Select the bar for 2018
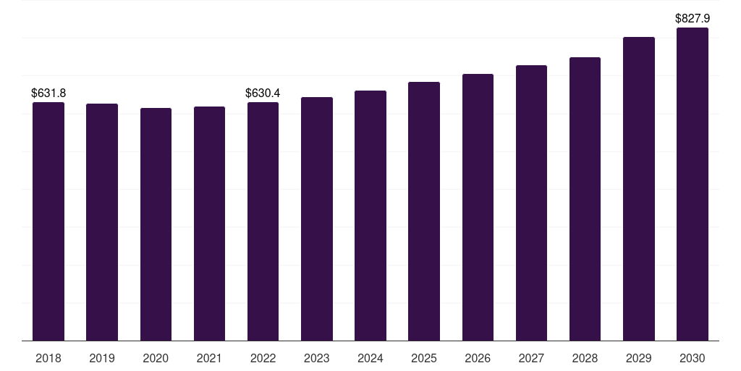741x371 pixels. click(48, 222)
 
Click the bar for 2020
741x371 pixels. click(156, 225)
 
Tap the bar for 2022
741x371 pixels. click(263, 222)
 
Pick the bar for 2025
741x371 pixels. click(424, 211)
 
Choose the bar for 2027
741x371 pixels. click(531, 203)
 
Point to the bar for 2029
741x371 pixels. click(639, 189)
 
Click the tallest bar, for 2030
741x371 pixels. click(693, 184)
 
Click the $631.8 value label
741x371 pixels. click(48, 93)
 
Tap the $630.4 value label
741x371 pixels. click(263, 93)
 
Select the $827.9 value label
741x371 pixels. click(693, 18)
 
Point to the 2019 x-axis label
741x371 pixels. click(102, 358)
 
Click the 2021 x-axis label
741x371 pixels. click(209, 358)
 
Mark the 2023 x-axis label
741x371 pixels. click(317, 358)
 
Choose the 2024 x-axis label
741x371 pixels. click(370, 358)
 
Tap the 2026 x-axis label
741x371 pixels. click(478, 358)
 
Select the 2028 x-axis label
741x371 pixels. click(585, 358)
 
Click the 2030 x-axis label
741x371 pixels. click(693, 358)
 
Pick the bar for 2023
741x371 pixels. click(317, 219)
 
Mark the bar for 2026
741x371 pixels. click(478, 207)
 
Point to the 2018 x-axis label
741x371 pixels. click(48, 358)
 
